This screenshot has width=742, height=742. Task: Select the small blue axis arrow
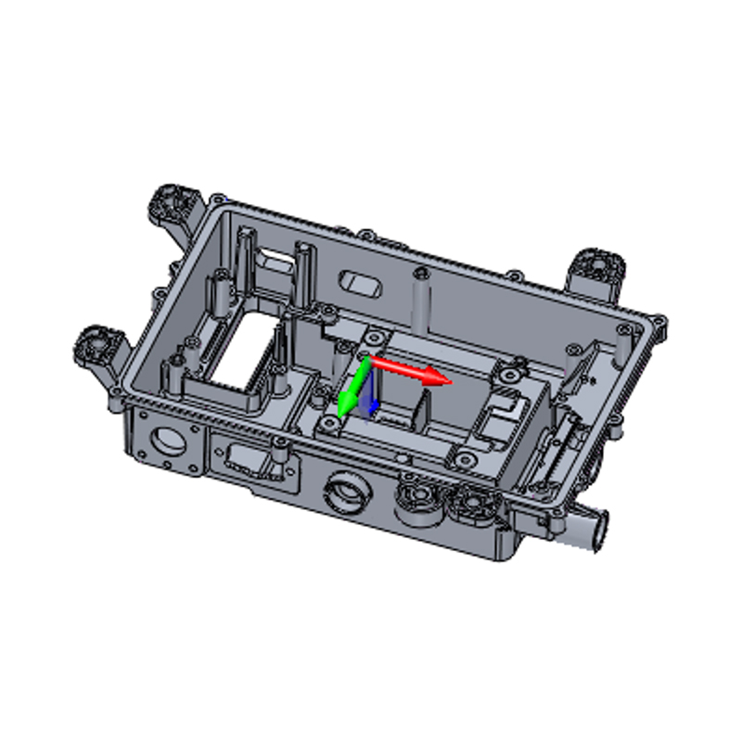point(373,404)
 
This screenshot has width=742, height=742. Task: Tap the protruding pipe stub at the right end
point(590,533)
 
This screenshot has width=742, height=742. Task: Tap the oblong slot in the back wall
point(361,283)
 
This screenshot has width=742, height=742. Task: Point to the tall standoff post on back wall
point(422,301)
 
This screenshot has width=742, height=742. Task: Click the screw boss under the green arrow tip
point(329,425)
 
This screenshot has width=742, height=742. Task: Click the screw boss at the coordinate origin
point(374,335)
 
